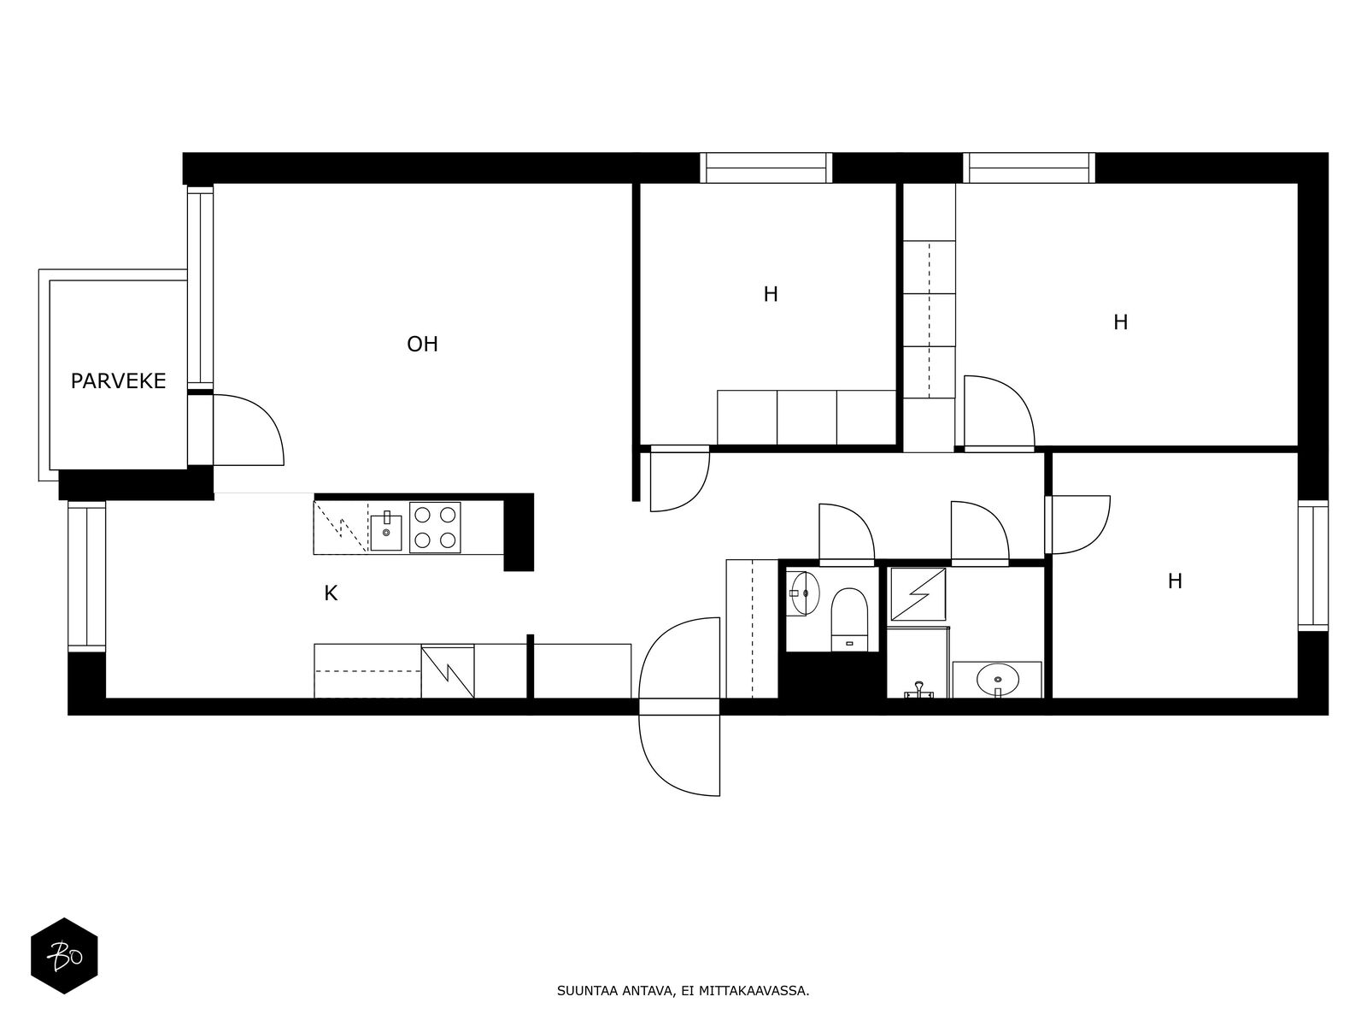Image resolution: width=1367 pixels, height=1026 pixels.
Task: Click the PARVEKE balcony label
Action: (118, 380)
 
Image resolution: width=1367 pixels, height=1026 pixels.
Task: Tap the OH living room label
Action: (422, 344)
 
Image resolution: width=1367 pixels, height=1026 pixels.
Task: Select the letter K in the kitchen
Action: (331, 593)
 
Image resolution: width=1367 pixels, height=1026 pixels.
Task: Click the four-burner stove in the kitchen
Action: (435, 527)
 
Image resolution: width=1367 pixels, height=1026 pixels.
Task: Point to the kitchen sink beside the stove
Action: (386, 532)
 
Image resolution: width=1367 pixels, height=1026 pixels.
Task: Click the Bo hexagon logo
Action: (64, 956)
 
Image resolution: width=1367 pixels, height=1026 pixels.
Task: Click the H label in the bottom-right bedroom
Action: (1175, 581)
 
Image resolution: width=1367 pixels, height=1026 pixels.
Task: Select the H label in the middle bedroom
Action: (771, 294)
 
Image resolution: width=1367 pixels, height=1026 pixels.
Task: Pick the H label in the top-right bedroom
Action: (1120, 322)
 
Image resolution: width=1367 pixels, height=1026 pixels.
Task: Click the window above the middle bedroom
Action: (766, 168)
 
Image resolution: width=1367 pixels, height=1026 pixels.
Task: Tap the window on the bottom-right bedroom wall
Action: (1313, 566)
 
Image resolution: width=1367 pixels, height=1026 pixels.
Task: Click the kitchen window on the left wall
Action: (86, 576)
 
